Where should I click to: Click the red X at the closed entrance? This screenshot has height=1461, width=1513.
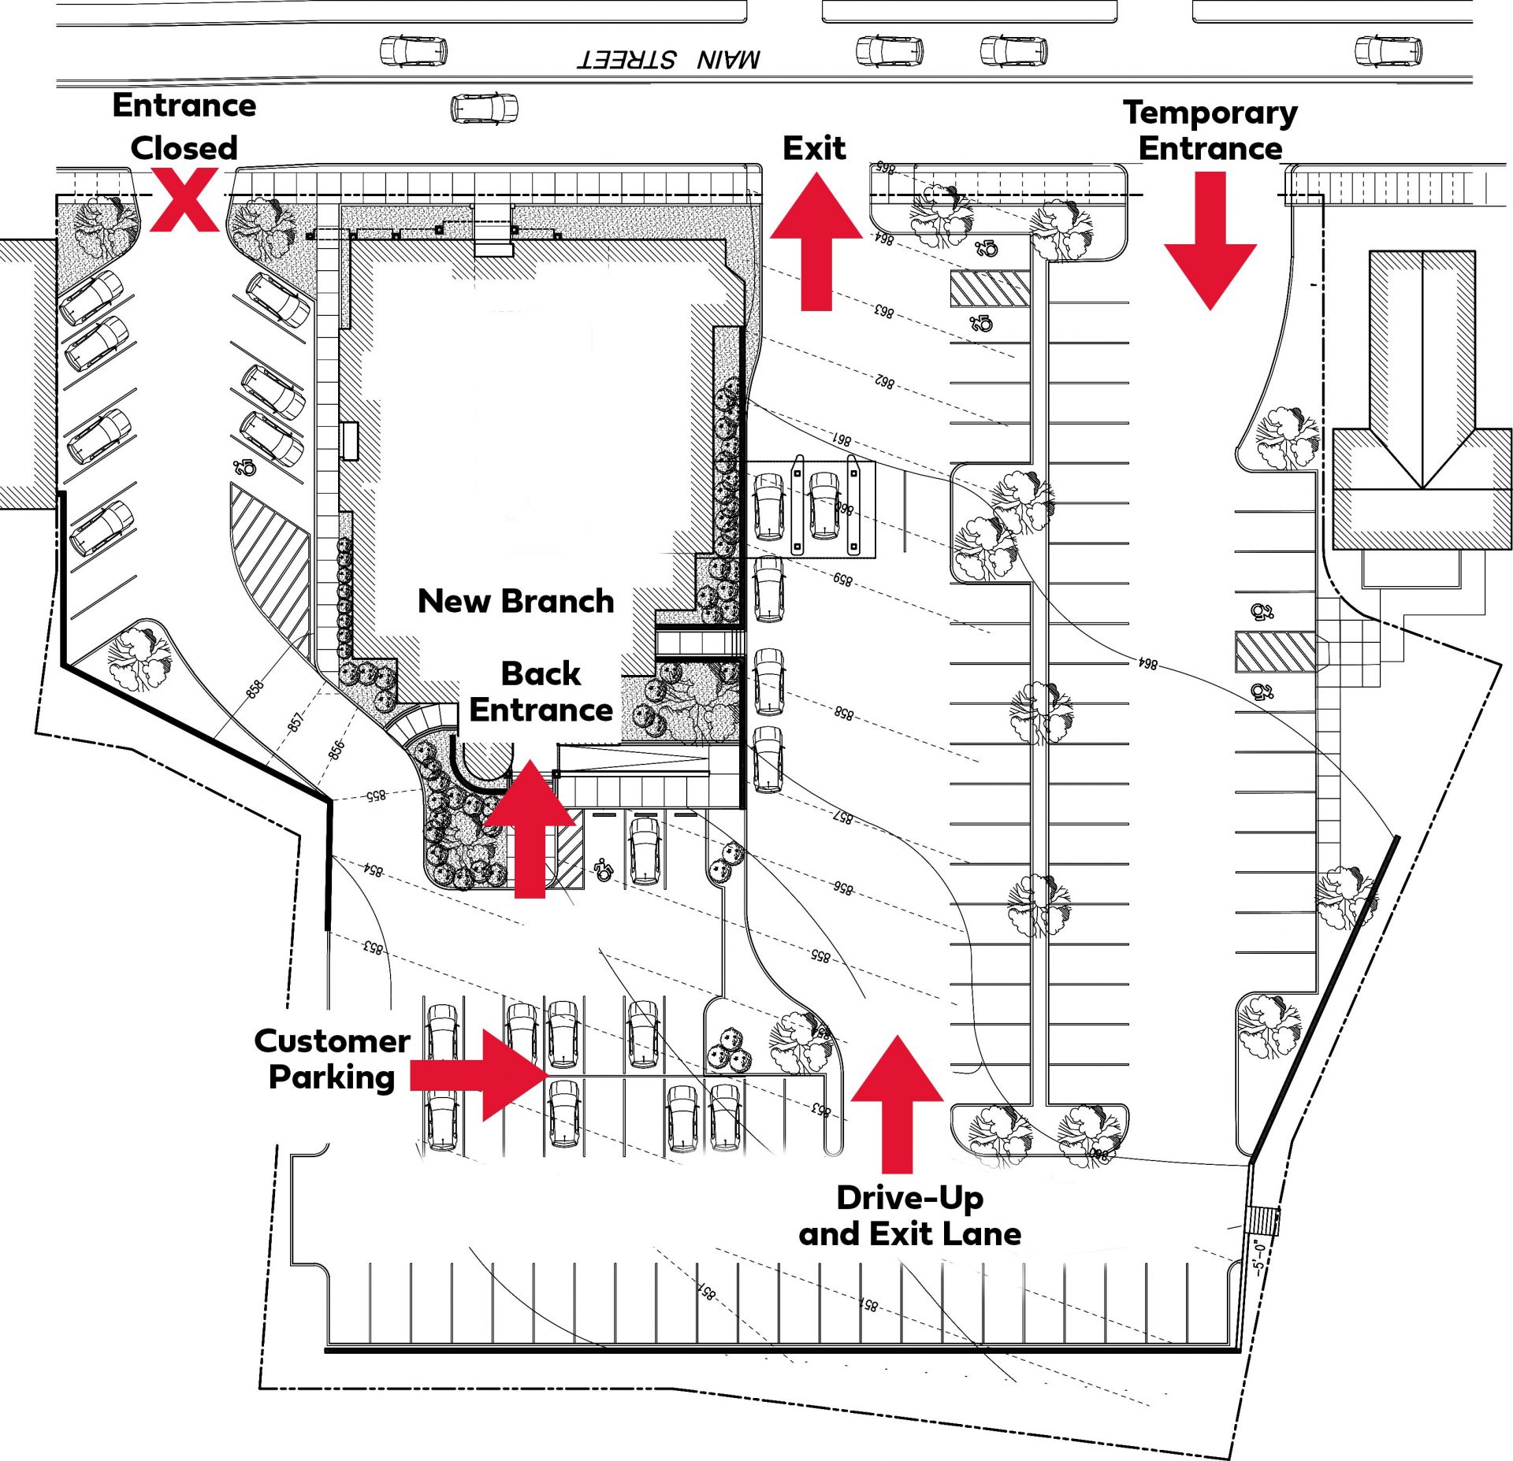click(x=184, y=202)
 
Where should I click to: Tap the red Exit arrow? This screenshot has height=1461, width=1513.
click(x=816, y=244)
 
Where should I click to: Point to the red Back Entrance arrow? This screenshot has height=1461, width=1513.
click(x=530, y=831)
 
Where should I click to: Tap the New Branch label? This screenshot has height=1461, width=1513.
click(x=515, y=602)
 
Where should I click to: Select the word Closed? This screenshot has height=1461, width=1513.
click(x=184, y=148)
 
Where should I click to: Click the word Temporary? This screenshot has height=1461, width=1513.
click(x=1210, y=113)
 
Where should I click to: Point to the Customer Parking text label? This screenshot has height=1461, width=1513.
click(x=332, y=1059)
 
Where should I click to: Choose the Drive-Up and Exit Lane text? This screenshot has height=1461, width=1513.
click(x=910, y=1215)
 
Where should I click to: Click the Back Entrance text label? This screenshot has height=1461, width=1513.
click(x=541, y=692)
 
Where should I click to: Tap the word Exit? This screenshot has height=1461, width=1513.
click(x=814, y=148)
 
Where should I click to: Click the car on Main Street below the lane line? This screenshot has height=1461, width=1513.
click(x=484, y=108)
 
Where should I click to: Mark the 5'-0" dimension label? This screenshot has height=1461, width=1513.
click(x=1258, y=1257)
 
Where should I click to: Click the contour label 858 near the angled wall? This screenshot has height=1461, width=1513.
click(x=255, y=689)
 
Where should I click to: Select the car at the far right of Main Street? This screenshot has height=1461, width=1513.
click(x=1388, y=51)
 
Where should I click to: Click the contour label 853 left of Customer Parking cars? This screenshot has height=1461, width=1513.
click(x=374, y=947)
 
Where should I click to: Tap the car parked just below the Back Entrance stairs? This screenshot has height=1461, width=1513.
click(x=645, y=851)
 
